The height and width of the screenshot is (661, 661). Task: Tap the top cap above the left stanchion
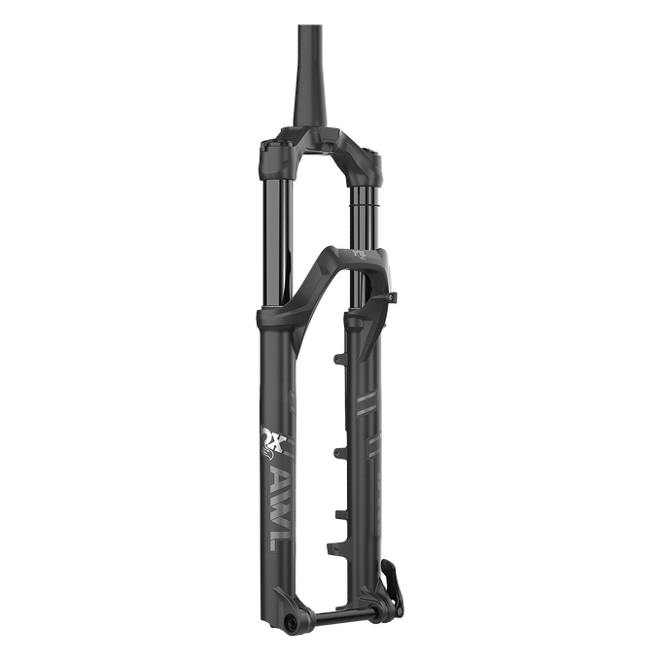coord(273,138)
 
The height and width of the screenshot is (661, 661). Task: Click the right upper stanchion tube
coord(365,209)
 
